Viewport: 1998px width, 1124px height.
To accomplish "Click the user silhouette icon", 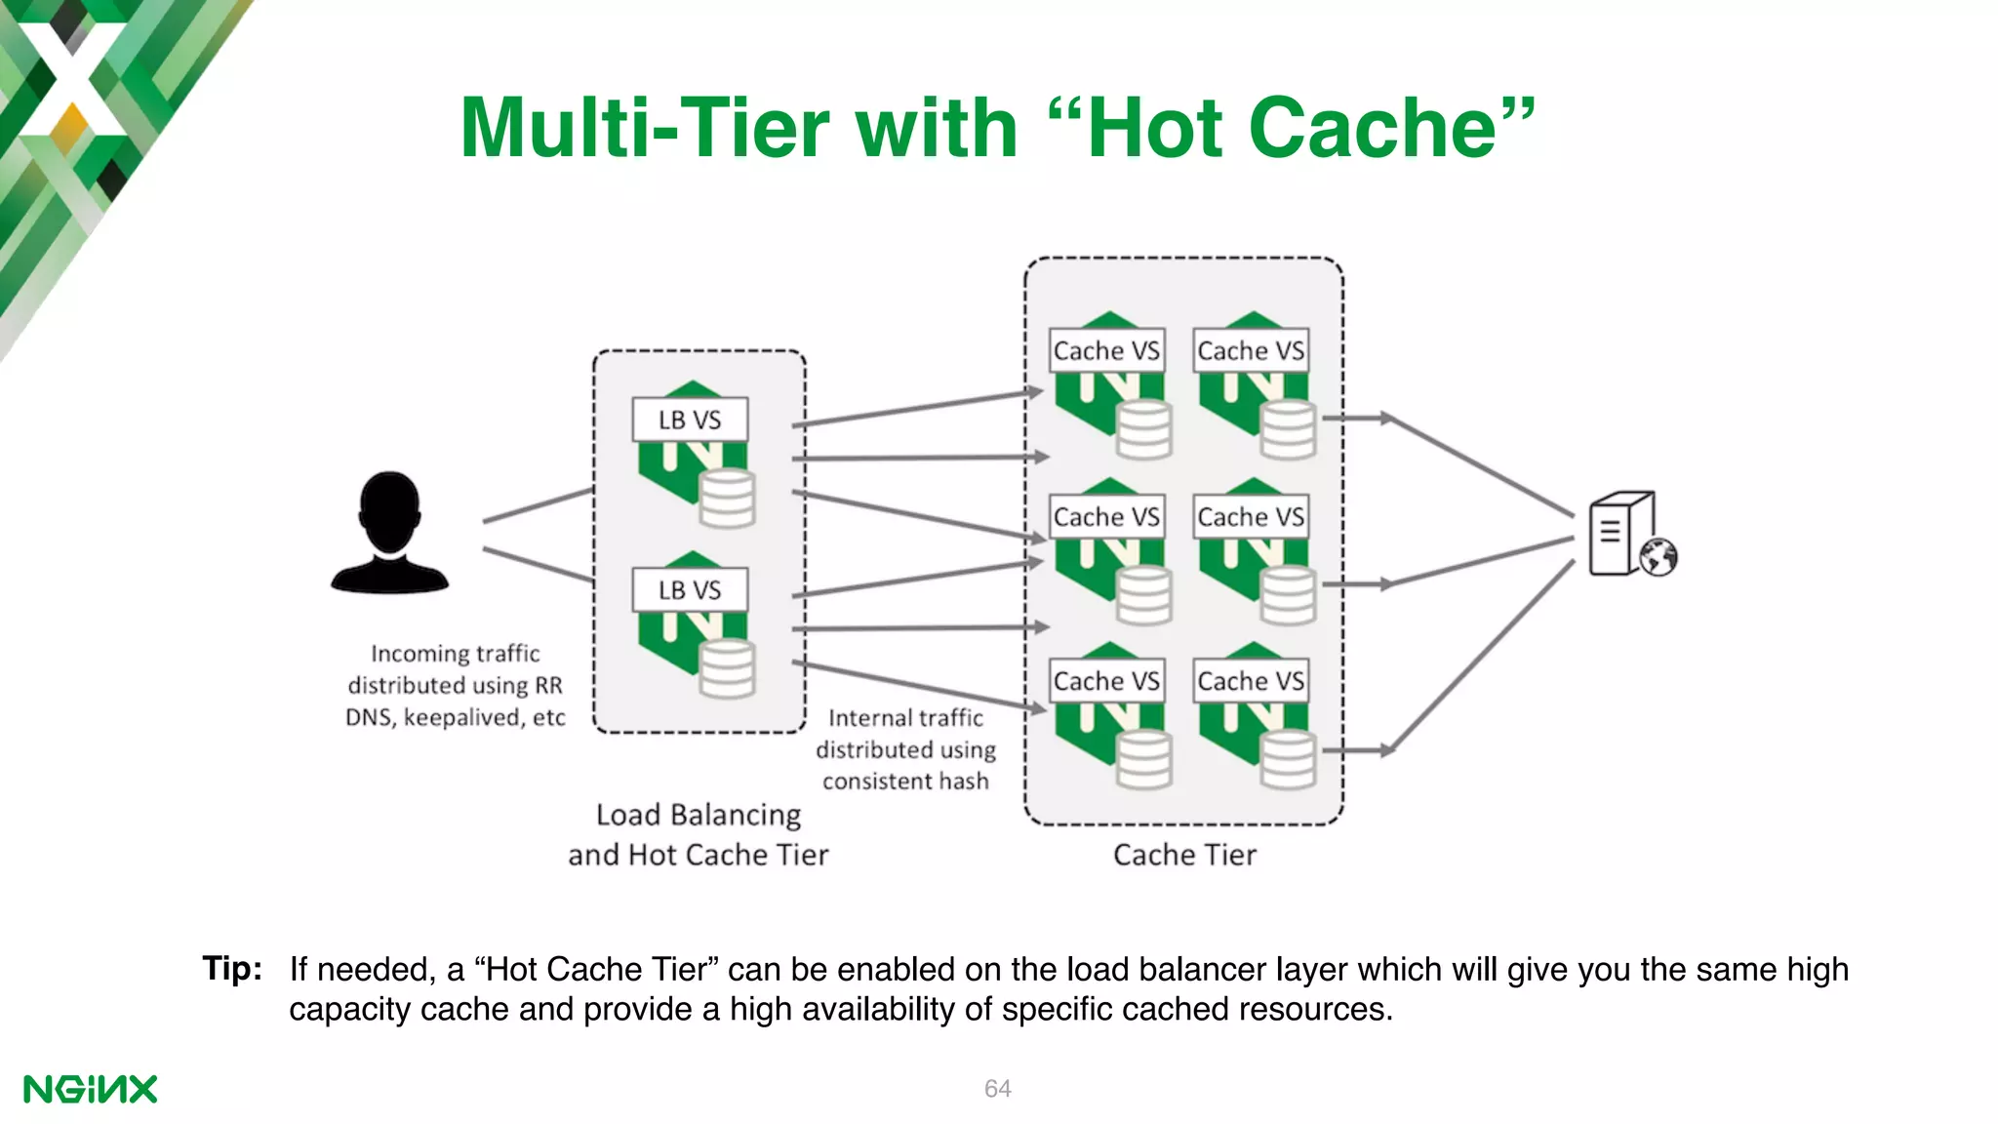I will click(x=389, y=534).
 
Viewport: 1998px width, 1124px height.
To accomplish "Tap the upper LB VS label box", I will click(x=690, y=420).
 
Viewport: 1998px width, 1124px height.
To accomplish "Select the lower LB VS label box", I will click(x=690, y=590).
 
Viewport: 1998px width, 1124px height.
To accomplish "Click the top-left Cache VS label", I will click(x=1106, y=350).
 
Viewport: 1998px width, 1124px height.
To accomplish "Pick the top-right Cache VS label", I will click(x=1251, y=350).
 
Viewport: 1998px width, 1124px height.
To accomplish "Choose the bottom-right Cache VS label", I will click(x=1251, y=681).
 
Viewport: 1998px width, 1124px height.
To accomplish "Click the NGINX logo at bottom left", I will click(x=90, y=1089).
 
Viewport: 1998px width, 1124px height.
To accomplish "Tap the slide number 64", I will click(x=997, y=1088).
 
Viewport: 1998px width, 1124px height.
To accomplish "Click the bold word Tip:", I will click(x=232, y=969).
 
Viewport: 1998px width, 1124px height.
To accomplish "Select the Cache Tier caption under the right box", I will click(x=1184, y=855).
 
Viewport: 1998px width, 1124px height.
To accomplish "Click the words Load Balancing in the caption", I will click(x=699, y=815).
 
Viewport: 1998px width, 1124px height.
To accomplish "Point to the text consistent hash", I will click(x=905, y=782).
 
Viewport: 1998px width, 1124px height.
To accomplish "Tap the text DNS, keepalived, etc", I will click(x=456, y=718).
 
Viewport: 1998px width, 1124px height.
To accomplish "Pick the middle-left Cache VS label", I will click(x=1106, y=516).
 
